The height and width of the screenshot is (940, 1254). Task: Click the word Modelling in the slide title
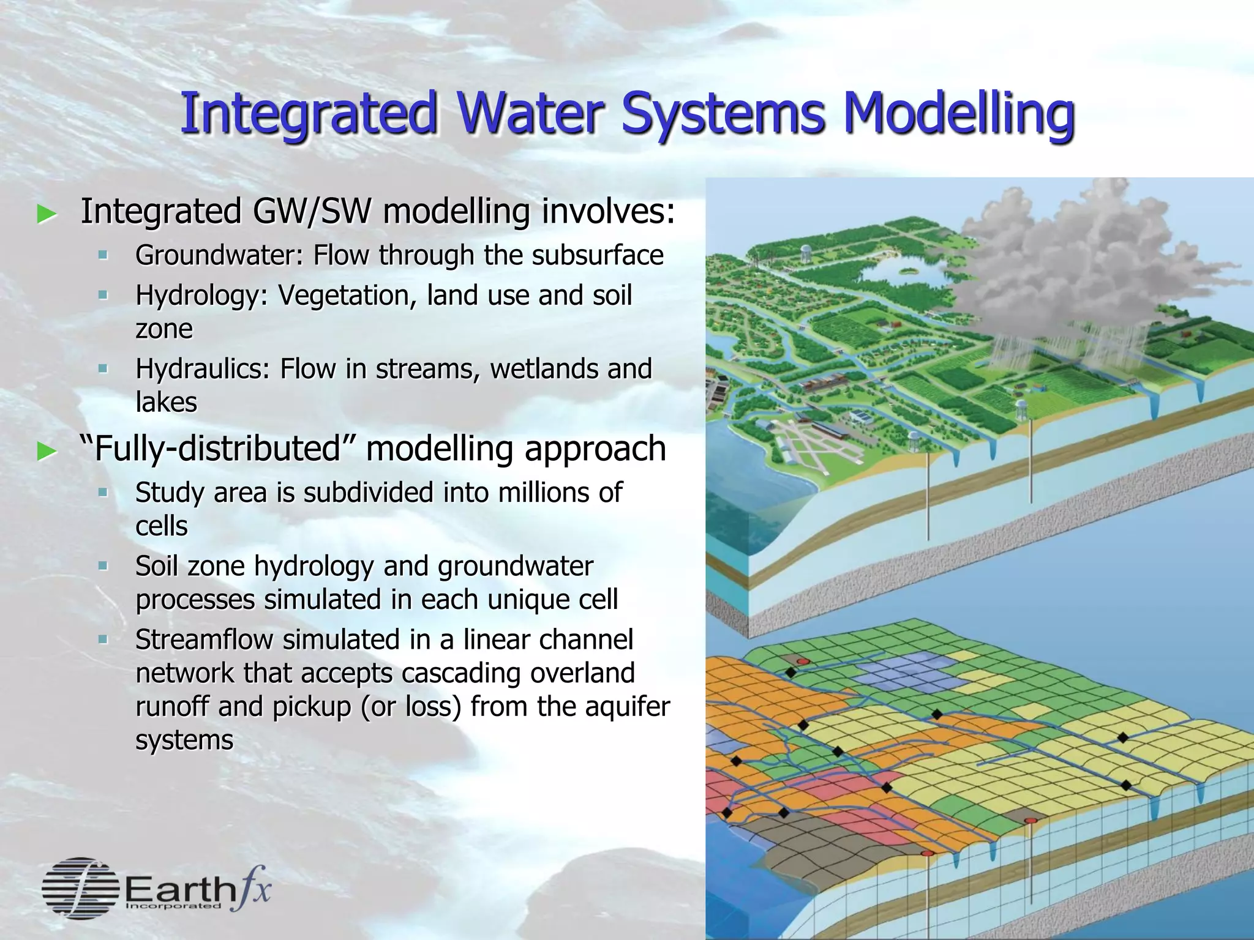pyautogui.click(x=958, y=114)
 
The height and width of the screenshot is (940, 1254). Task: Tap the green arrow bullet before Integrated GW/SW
pyautogui.click(x=47, y=214)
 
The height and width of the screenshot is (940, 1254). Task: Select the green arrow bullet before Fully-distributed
pyautogui.click(x=47, y=452)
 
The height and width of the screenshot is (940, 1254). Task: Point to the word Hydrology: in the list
pyautogui.click(x=201, y=296)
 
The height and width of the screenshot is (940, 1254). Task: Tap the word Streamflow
pyautogui.click(x=203, y=640)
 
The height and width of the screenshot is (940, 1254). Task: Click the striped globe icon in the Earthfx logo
pyautogui.click(x=80, y=888)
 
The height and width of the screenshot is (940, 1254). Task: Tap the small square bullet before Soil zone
pyautogui.click(x=102, y=566)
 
